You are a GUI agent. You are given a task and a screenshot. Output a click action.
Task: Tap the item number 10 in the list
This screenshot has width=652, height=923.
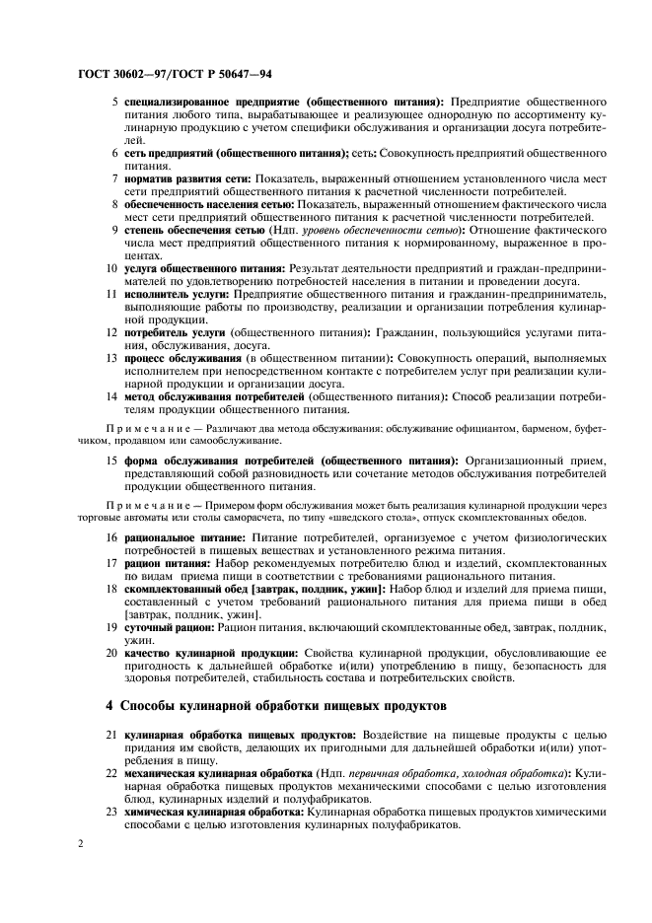pyautogui.click(x=111, y=267)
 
